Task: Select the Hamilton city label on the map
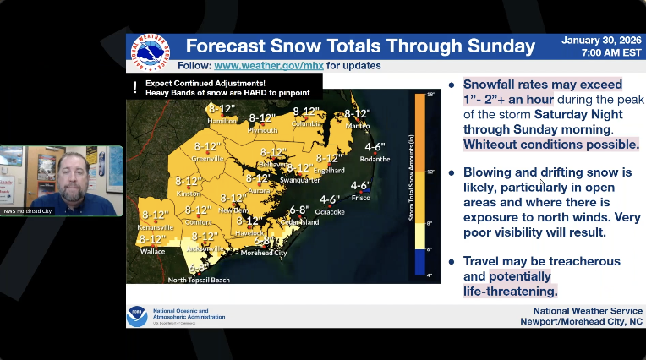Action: click(222, 121)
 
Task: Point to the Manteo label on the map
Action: click(358, 126)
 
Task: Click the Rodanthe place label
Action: click(375, 158)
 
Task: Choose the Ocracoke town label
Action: click(330, 211)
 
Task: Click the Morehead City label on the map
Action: click(264, 253)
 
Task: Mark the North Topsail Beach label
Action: click(198, 280)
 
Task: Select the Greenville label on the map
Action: click(208, 158)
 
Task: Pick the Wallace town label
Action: click(153, 251)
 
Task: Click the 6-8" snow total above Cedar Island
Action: click(299, 210)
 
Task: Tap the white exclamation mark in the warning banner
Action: click(134, 87)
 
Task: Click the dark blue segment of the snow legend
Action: click(419, 263)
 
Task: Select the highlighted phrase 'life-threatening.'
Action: click(510, 292)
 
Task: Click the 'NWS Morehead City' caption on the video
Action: click(24, 210)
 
